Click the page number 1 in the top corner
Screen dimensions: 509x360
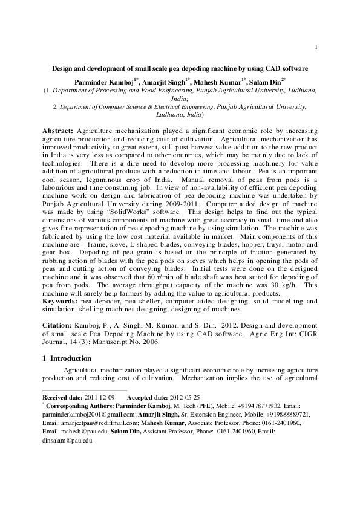pos(316,47)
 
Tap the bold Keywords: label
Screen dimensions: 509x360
pos(60,300)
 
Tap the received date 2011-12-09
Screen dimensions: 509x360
pos(98,397)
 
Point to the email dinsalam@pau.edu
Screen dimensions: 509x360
pos(65,441)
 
